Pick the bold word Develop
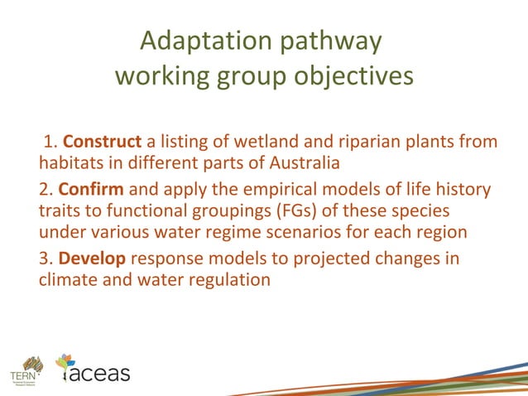[x=92, y=258]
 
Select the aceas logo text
[x=98, y=374]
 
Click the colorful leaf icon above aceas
[x=65, y=361]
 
